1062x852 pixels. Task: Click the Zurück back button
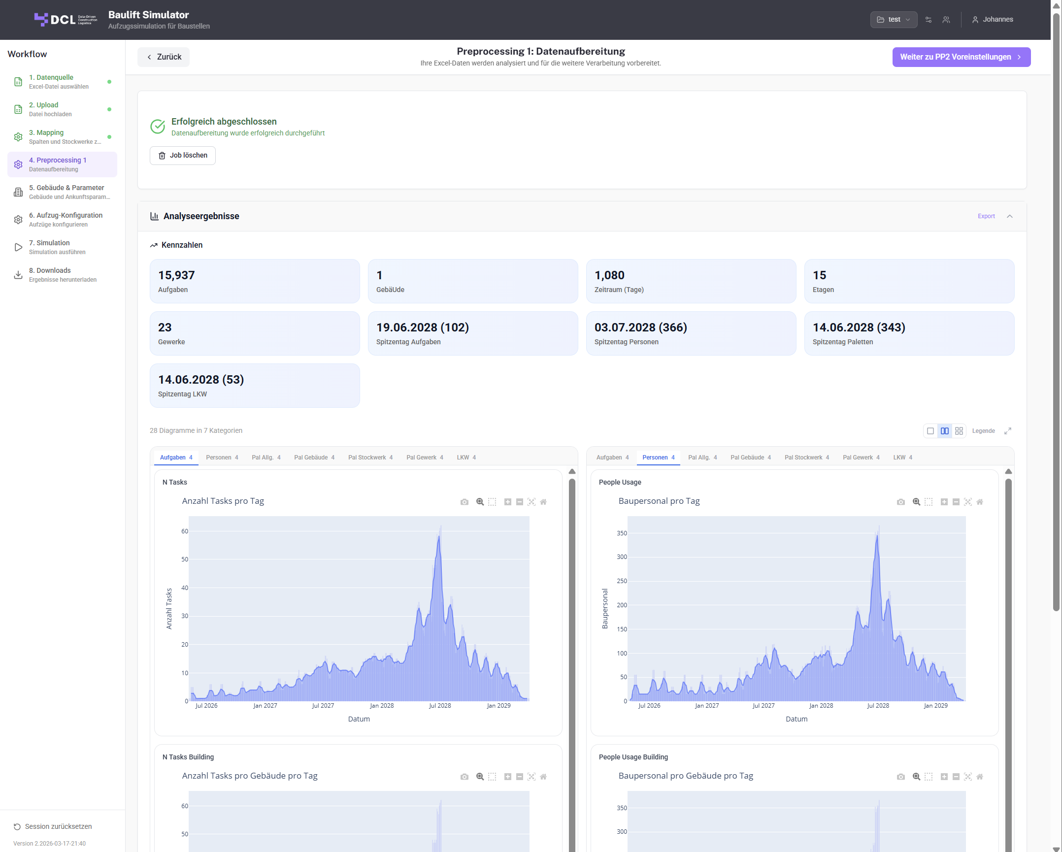tap(164, 57)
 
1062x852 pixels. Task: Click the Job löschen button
tap(183, 156)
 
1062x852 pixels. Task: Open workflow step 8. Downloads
tap(62, 275)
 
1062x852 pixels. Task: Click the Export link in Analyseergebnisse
tap(986, 216)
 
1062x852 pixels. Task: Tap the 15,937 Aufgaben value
tap(176, 275)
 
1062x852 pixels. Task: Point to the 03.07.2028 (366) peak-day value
tap(640, 328)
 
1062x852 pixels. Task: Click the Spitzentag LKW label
tap(182, 394)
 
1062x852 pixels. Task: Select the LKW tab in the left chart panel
tap(466, 458)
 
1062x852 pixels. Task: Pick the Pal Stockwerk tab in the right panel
tap(806, 458)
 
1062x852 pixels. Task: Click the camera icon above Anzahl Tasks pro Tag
tap(465, 502)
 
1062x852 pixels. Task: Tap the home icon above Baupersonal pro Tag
tap(980, 502)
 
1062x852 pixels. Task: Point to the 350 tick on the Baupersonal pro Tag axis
tap(622, 533)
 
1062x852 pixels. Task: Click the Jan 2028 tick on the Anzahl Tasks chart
tap(382, 706)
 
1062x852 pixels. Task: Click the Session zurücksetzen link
tap(58, 826)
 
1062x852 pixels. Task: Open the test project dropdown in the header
tap(894, 20)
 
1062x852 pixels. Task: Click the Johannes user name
tap(997, 20)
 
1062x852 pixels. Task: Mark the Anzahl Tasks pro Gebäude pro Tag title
tap(250, 776)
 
